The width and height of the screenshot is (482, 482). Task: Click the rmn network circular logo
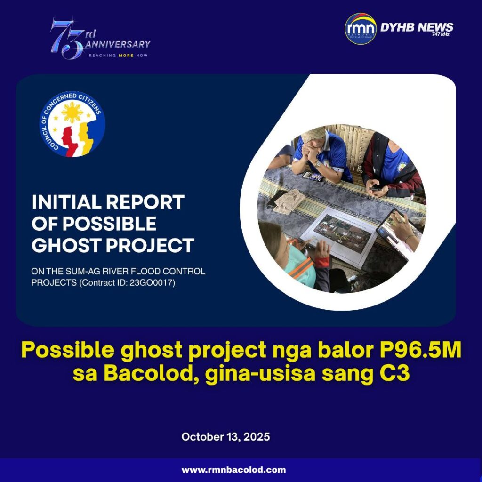pyautogui.click(x=361, y=29)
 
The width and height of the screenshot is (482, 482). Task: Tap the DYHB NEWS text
pyautogui.click(x=417, y=27)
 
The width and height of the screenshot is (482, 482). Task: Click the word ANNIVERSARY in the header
pyautogui.click(x=118, y=44)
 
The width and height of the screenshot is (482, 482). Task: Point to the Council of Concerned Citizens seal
pyautogui.click(x=72, y=124)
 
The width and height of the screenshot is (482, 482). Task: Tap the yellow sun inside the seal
pyautogui.click(x=72, y=112)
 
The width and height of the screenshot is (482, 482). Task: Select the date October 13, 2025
pyautogui.click(x=225, y=436)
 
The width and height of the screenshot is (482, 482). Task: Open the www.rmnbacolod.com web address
pyautogui.click(x=233, y=470)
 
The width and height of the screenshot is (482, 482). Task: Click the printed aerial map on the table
pyautogui.click(x=341, y=236)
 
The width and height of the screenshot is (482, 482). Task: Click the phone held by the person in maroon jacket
pyautogui.click(x=376, y=188)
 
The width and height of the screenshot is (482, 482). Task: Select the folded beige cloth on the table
pyautogui.click(x=289, y=201)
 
